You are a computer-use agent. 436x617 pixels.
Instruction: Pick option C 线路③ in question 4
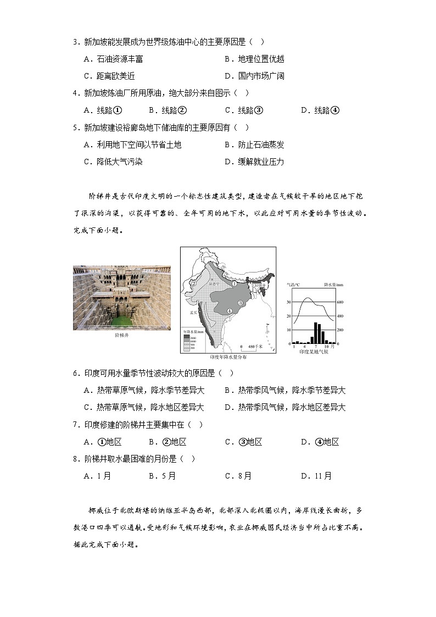[244, 110]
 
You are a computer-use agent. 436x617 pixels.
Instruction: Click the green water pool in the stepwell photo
[122, 319]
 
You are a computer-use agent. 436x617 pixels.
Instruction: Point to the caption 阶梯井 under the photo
[122, 335]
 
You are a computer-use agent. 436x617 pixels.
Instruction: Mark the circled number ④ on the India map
[229, 311]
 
